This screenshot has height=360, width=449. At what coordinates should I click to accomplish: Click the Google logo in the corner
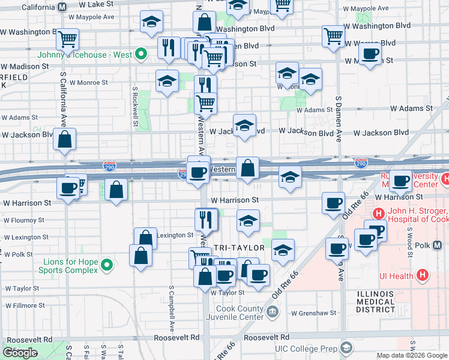pos(20,353)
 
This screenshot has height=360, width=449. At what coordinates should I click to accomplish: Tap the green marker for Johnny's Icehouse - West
pos(141,55)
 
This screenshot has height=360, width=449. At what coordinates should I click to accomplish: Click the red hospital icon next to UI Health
pos(423,275)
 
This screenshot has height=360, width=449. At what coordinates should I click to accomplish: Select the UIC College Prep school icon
pos(346,348)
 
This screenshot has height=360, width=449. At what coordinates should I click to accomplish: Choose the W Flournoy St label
pos(24,220)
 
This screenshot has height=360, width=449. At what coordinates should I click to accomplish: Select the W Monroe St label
pos(88,82)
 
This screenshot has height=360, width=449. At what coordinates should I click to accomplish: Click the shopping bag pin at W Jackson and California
pos(64,139)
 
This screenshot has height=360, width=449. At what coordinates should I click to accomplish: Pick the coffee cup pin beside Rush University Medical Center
pos(400,180)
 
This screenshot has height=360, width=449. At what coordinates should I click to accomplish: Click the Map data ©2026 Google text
pos(412,355)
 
